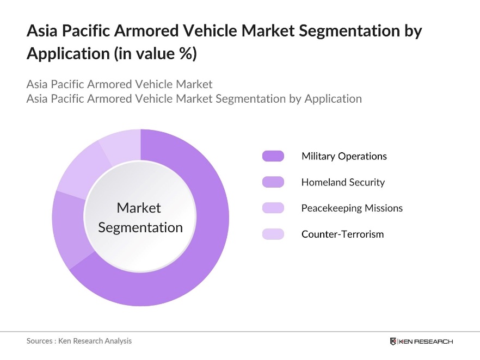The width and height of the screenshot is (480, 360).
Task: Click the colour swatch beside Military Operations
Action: tap(273, 156)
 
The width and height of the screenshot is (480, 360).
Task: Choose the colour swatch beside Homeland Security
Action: tap(273, 182)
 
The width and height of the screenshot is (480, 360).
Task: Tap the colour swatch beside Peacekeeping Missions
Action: tap(273, 208)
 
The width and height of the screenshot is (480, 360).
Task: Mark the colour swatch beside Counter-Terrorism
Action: tap(273, 234)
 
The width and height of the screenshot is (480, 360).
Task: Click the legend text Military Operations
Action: tap(344, 156)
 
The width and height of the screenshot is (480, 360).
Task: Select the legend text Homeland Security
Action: tap(343, 182)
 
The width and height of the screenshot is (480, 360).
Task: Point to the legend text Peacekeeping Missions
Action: tap(352, 208)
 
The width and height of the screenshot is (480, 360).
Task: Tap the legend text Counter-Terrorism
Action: tap(342, 234)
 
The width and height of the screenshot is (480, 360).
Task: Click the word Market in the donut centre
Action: tap(139, 208)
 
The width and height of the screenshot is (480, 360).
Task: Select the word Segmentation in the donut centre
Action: tap(140, 227)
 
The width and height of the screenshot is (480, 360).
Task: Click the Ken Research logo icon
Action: tap(393, 342)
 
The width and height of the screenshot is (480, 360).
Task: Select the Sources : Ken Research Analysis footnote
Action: tap(79, 341)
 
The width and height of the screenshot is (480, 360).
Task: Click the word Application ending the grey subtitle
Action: tap(333, 98)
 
